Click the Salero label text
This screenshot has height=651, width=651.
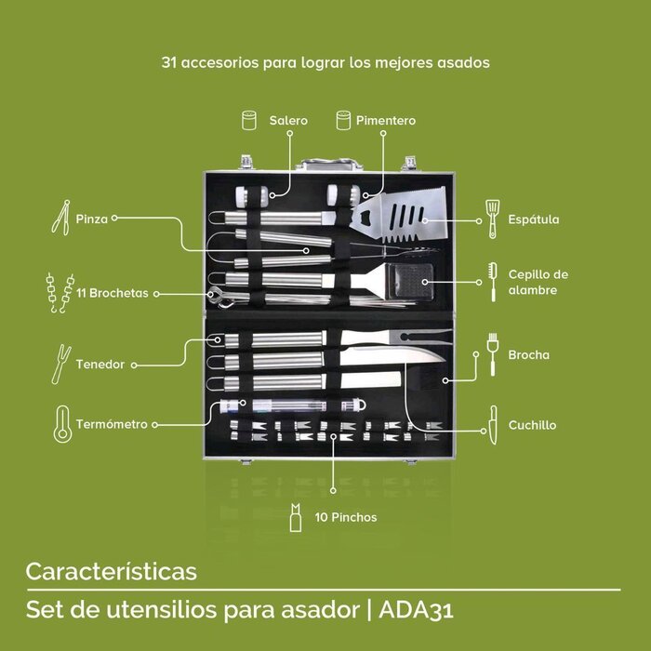point(288,121)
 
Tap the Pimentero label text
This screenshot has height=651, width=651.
point(386,121)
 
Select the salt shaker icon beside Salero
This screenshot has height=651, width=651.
point(249,121)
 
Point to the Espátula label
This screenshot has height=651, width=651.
point(533,220)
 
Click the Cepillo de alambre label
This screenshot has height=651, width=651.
point(538,283)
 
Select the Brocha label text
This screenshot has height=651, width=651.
point(528,354)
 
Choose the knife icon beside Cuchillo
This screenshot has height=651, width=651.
point(492,423)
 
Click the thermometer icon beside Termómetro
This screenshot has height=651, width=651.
point(63,423)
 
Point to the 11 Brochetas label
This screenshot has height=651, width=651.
point(113,293)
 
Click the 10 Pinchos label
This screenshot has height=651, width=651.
point(346,517)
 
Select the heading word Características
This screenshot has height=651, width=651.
point(111,569)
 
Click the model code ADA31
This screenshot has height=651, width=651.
point(419,611)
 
